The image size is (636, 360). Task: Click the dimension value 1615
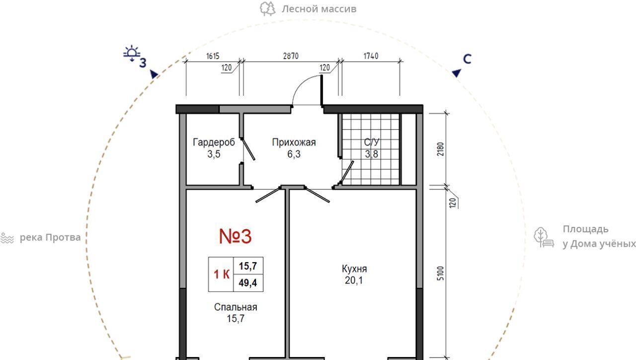point(213,56)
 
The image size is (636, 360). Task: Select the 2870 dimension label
point(291,56)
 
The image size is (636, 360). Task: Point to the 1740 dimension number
point(371,56)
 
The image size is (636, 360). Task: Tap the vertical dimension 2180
point(440,149)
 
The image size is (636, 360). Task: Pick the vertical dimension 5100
point(440,273)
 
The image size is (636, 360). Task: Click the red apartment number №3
point(236,236)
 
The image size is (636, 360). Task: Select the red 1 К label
point(222,274)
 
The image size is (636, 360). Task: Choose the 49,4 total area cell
point(248,283)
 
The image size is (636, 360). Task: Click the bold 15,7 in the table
point(248,266)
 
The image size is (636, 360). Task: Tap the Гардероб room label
point(214,142)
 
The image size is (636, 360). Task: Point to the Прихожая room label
point(294,142)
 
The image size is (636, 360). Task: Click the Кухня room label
point(354,269)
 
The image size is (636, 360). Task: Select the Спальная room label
point(236,307)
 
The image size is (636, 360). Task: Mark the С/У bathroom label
point(372,142)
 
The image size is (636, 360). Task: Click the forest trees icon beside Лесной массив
point(267,8)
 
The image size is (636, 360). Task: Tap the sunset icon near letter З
point(132,53)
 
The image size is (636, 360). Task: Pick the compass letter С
point(467,59)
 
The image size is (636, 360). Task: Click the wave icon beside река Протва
point(7,238)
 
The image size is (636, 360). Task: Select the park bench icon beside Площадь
point(544,237)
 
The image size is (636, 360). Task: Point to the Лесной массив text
point(319,9)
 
